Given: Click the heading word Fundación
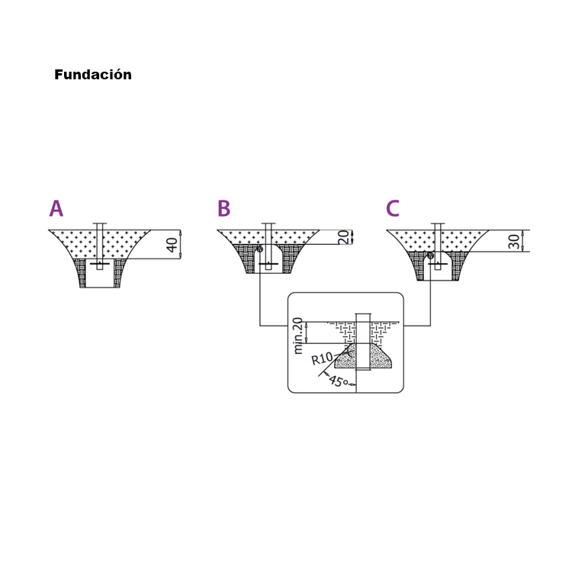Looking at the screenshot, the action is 93,75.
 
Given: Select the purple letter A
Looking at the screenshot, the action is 56,208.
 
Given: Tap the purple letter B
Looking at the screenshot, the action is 224,208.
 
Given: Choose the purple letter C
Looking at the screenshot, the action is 393,208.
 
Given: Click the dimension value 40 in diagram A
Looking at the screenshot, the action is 172,245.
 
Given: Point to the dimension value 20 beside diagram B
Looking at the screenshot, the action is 344,237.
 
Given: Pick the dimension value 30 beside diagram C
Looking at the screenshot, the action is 513,242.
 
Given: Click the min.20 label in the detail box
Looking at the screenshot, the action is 297,336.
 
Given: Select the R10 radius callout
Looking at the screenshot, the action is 322,358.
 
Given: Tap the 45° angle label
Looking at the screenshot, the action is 338,381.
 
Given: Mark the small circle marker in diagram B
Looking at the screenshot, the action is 260,249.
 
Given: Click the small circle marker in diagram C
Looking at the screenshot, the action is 430,255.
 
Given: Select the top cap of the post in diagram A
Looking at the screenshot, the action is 100,223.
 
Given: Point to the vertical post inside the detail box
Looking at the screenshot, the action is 363,342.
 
